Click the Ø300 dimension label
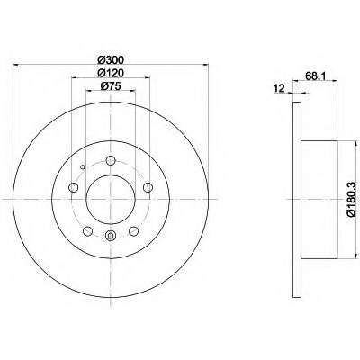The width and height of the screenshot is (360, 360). point(111,60)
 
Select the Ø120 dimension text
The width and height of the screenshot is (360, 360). point(111,73)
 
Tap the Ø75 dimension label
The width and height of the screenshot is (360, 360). point(111,86)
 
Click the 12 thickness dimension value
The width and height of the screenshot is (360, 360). point(279,88)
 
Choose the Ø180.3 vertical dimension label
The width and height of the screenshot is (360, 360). point(351,199)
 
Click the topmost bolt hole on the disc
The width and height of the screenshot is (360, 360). point(111,160)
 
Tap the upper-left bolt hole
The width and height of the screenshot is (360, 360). point(74,188)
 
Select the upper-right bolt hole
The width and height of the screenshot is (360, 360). point(148,188)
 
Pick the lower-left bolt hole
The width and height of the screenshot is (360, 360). point(87,231)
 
